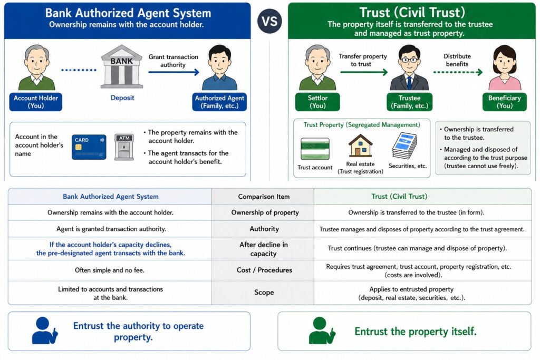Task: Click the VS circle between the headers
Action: tap(269, 21)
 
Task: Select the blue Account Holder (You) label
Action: tap(36, 102)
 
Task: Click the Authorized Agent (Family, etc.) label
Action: tap(219, 102)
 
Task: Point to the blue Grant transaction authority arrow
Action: tap(174, 72)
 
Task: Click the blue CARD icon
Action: tap(89, 147)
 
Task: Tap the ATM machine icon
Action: tap(124, 147)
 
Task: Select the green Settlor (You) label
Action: tap(317, 102)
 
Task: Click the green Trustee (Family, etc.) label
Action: tap(409, 102)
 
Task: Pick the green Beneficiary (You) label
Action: tap(505, 102)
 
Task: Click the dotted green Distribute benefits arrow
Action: tap(458, 72)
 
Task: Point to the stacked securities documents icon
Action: tap(404, 146)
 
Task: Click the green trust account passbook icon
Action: tap(315, 149)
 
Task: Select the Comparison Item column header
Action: tap(264, 197)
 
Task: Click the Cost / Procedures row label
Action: tap(264, 270)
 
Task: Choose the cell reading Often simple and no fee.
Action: tap(110, 270)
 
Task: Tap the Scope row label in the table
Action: tap(264, 292)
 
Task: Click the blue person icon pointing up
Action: tap(45, 330)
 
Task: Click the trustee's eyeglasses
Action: tap(409, 60)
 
